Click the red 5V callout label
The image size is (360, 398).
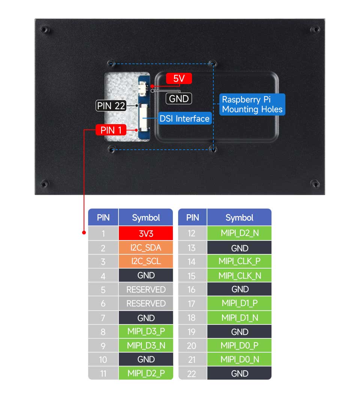179,78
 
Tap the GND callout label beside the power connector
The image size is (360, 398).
178,99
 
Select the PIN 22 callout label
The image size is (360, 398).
111,105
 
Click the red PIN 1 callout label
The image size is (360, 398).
111,130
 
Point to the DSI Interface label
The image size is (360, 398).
184,119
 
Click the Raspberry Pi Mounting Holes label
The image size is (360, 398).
252,104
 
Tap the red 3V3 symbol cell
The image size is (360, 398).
146,233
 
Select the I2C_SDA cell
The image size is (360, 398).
146,248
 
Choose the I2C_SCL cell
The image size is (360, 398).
146,261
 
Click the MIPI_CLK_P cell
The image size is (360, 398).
239,261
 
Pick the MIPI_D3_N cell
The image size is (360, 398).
146,345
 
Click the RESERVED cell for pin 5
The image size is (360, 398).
146,289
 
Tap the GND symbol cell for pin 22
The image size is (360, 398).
239,373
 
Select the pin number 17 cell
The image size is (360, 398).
192,303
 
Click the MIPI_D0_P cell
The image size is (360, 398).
239,345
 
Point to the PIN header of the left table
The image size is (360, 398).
103,217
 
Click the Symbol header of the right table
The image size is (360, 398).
239,217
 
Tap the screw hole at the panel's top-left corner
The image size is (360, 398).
45,30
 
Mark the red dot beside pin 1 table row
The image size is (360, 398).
84,233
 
